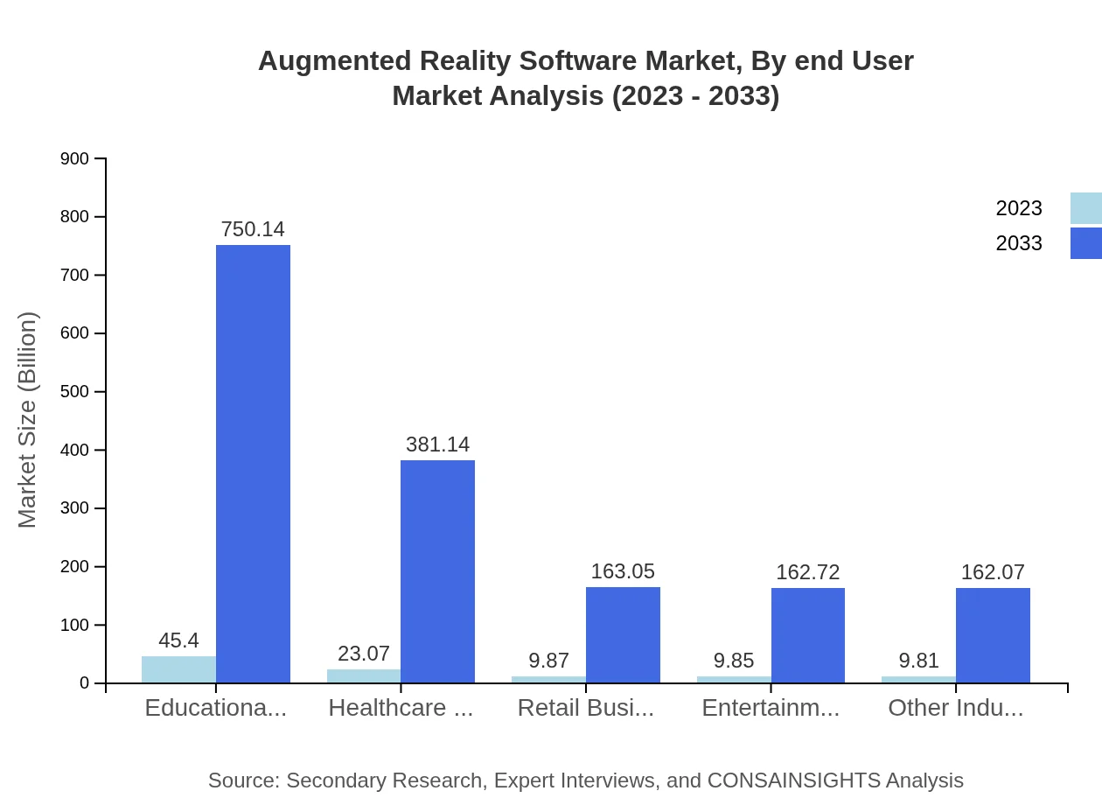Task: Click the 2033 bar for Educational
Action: click(x=253, y=464)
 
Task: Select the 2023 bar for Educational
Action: click(x=178, y=669)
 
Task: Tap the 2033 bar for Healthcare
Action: click(x=437, y=571)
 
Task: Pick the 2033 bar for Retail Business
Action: click(x=623, y=634)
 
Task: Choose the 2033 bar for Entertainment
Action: click(x=808, y=635)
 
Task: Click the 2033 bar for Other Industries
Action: click(x=993, y=635)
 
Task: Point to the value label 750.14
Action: click(x=253, y=229)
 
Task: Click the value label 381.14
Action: click(x=437, y=444)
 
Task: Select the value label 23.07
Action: click(x=364, y=654)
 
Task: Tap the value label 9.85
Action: click(x=734, y=661)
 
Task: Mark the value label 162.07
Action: click(x=993, y=572)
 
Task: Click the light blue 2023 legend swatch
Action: click(x=1085, y=208)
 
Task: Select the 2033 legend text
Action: click(x=1019, y=243)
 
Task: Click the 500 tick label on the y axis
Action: click(x=75, y=392)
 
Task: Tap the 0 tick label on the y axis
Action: click(x=85, y=683)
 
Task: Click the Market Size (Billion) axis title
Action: click(x=28, y=420)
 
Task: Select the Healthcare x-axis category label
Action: click(x=401, y=708)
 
